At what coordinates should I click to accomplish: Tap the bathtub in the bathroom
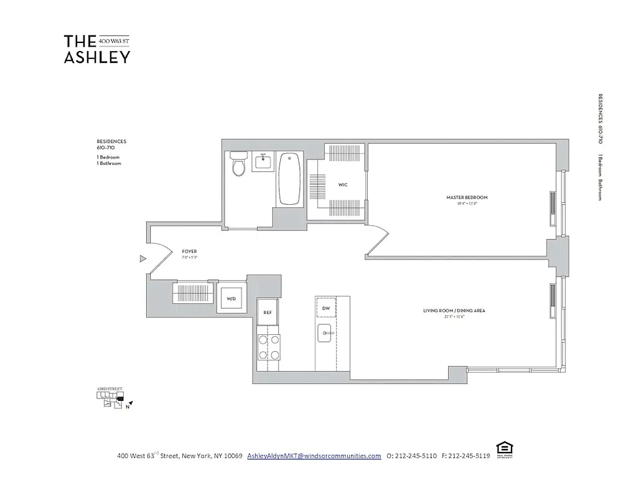point(289,179)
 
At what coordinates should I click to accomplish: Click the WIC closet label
point(343,185)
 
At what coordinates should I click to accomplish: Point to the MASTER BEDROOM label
point(467,197)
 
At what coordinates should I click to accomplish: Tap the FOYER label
point(190,251)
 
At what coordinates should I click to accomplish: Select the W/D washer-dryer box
point(231,299)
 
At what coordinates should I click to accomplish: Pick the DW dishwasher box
point(325,307)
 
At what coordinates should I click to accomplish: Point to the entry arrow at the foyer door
point(142,258)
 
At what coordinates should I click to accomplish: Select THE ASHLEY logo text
point(97,49)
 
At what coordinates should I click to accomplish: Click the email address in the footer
point(314,456)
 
